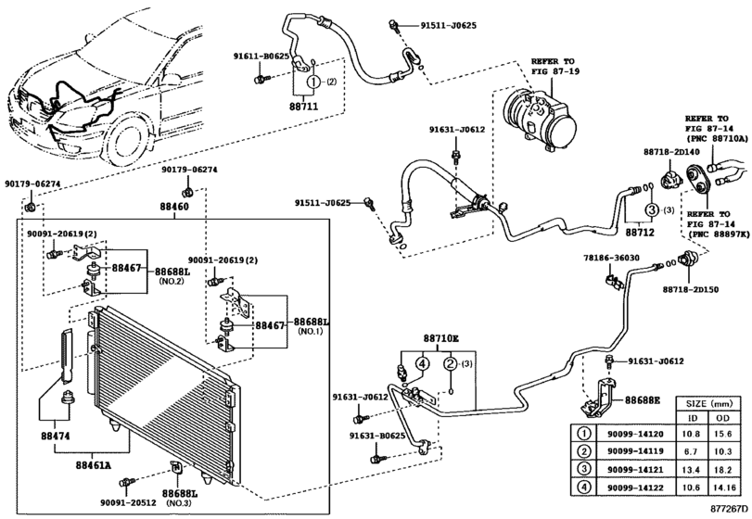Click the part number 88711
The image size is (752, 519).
click(303, 106)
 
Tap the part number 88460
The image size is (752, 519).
click(174, 207)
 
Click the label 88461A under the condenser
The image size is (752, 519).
click(93, 465)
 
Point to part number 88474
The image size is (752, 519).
click(55, 437)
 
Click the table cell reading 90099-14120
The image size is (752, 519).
click(635, 434)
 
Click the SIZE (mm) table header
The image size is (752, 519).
click(707, 403)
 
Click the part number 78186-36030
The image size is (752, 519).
click(611, 259)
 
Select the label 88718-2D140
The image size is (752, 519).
click(671, 152)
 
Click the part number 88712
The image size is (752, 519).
click(640, 233)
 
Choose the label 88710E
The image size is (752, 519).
click(441, 339)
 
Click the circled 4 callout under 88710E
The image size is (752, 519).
click(422, 363)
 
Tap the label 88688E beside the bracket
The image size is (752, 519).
click(643, 399)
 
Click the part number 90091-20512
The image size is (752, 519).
click(128, 502)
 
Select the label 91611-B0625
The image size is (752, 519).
click(261, 56)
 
